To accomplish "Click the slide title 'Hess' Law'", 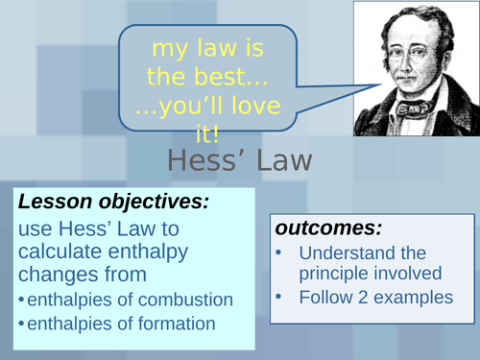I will pos(240,160).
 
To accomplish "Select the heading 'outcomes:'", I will pos(328,228).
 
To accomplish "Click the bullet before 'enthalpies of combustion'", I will pos(21,300).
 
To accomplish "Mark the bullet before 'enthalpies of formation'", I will pos(21,324).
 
